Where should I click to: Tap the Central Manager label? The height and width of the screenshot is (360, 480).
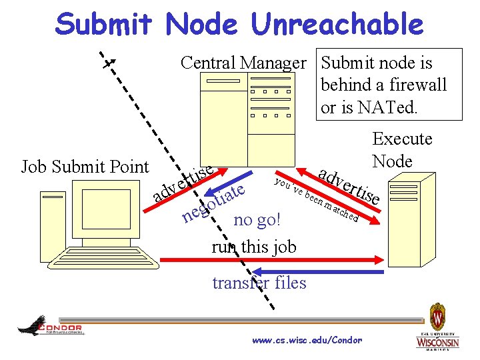(x=243, y=63)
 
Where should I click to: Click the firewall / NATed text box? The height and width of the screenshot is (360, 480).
(x=389, y=85)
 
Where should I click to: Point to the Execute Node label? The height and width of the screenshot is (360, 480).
(x=402, y=149)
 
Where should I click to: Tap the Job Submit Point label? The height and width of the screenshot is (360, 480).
(x=85, y=167)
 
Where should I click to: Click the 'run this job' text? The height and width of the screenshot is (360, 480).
(x=253, y=247)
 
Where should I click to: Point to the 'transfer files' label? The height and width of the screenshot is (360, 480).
(x=259, y=283)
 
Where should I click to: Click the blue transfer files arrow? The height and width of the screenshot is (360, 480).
(x=320, y=271)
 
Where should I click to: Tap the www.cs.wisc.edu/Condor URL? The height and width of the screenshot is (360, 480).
(x=307, y=341)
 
